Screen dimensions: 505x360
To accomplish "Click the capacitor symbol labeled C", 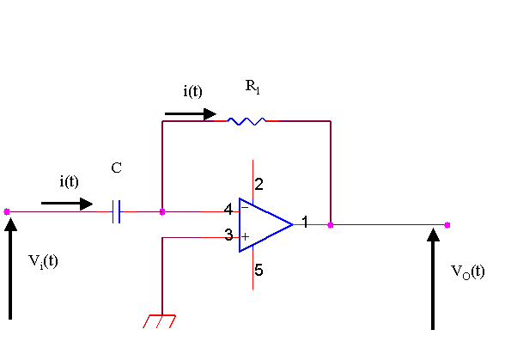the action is (x=116, y=211).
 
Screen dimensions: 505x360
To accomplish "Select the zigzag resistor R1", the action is (x=246, y=121).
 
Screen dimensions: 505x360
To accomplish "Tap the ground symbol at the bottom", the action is (x=160, y=321).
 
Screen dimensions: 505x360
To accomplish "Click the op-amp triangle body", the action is (x=265, y=225).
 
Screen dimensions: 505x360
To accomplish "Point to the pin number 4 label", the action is (x=228, y=210).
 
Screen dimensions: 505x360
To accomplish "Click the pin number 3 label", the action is (x=228, y=235).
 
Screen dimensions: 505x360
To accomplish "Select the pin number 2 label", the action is (x=259, y=185).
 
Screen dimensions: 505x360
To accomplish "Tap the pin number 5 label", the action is (x=259, y=270).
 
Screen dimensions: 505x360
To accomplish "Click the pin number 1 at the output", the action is (x=305, y=222).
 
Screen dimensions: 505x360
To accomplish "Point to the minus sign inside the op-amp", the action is (x=245, y=207).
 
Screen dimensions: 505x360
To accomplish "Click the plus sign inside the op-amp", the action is (x=245, y=237).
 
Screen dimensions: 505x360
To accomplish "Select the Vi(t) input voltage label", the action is (x=43, y=261).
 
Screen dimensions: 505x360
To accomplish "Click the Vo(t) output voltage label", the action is (x=467, y=272).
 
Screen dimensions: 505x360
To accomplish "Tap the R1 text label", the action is (x=252, y=87).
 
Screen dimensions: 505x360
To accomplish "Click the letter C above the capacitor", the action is (x=116, y=168).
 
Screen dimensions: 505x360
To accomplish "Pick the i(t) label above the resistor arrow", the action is (x=192, y=91).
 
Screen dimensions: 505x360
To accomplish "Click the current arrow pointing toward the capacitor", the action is (x=67, y=204).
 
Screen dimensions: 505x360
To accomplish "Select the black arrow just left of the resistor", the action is (x=191, y=113).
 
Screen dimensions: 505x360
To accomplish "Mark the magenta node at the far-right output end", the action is (x=447, y=225).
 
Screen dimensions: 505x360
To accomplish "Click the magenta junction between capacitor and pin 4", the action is (x=162, y=211).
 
